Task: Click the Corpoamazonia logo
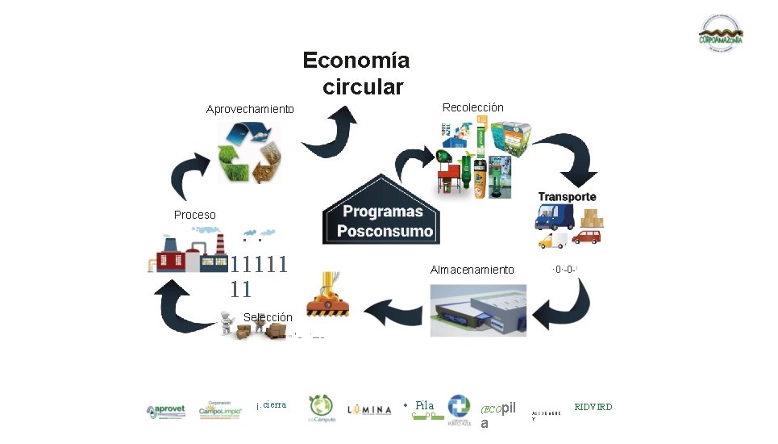(x=720, y=35)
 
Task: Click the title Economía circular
(x=356, y=73)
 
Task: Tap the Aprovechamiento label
(x=250, y=109)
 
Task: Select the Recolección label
(x=473, y=107)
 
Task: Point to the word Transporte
(x=567, y=197)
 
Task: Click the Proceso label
(x=195, y=215)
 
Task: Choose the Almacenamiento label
(x=472, y=270)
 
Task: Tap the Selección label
(x=268, y=317)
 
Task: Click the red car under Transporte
(x=585, y=237)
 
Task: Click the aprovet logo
(x=166, y=411)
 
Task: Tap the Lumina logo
(x=369, y=410)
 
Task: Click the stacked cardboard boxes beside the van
(x=592, y=218)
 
